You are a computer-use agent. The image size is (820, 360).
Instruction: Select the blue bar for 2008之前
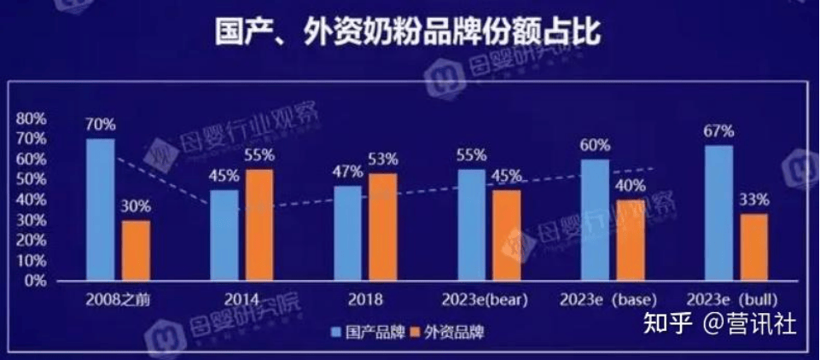pos(101,210)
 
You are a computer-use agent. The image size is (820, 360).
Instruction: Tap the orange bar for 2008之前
pos(135,251)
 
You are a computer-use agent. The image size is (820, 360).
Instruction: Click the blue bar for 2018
pos(348,233)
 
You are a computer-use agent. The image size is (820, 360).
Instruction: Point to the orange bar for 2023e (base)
pos(631,241)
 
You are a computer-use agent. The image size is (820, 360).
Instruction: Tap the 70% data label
pos(101,125)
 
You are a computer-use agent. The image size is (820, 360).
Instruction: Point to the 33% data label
pos(755,200)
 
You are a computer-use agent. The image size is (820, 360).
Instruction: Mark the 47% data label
pos(348,172)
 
